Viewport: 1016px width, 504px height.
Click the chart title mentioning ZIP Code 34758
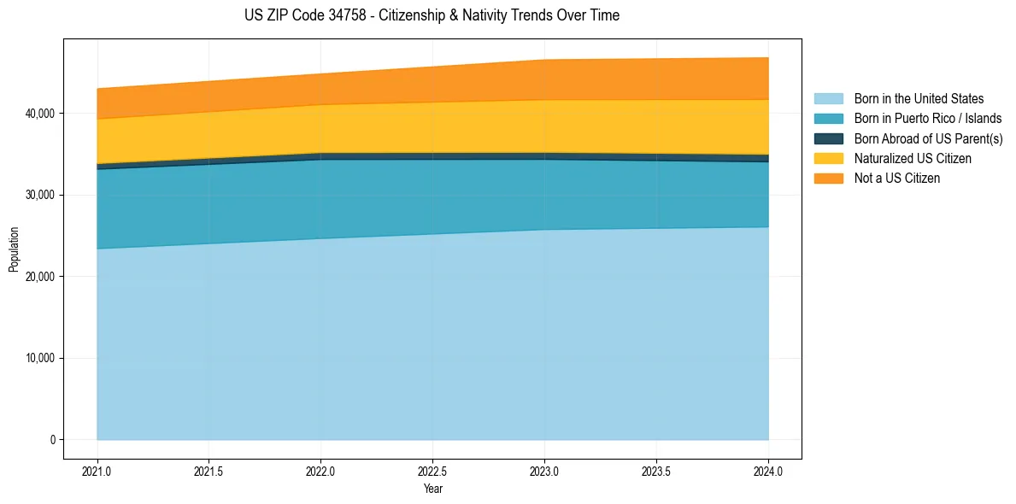432,15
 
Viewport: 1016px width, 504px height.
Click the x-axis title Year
432,489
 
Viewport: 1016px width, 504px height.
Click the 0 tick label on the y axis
51,440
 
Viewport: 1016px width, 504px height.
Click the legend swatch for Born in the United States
828,99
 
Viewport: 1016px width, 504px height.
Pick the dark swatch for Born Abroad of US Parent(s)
828,138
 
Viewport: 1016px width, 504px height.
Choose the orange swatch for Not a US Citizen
828,179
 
